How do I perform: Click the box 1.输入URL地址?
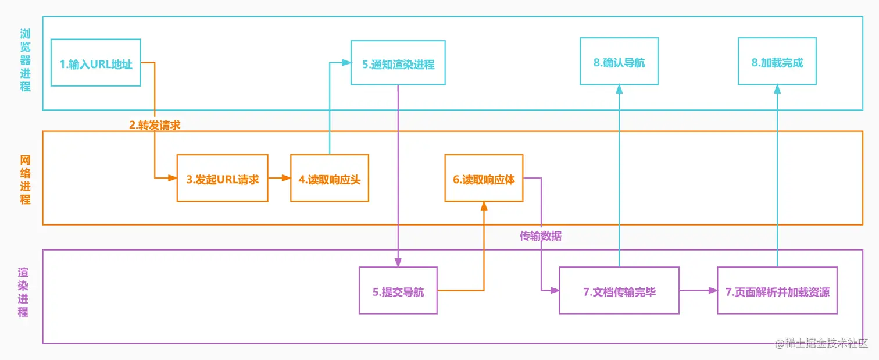coord(96,63)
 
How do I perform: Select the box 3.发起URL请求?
coord(222,179)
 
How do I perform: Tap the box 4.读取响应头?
coord(330,179)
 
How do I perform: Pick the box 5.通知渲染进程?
coord(398,63)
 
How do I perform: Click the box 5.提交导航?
coord(398,291)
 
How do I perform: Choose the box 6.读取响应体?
coord(484,179)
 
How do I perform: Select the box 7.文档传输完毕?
coord(619,291)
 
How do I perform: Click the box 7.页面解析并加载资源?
coord(777,291)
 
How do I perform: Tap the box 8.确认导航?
coord(619,62)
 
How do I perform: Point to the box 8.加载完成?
coord(777,62)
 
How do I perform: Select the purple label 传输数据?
coord(541,236)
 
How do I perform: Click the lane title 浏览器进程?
coord(25,60)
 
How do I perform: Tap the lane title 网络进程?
coord(25,179)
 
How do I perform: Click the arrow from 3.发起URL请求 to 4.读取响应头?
coord(279,179)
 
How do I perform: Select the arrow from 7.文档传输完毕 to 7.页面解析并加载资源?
coord(698,290)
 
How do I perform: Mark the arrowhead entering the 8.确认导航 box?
coord(619,89)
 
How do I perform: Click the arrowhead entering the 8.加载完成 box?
coord(777,89)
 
